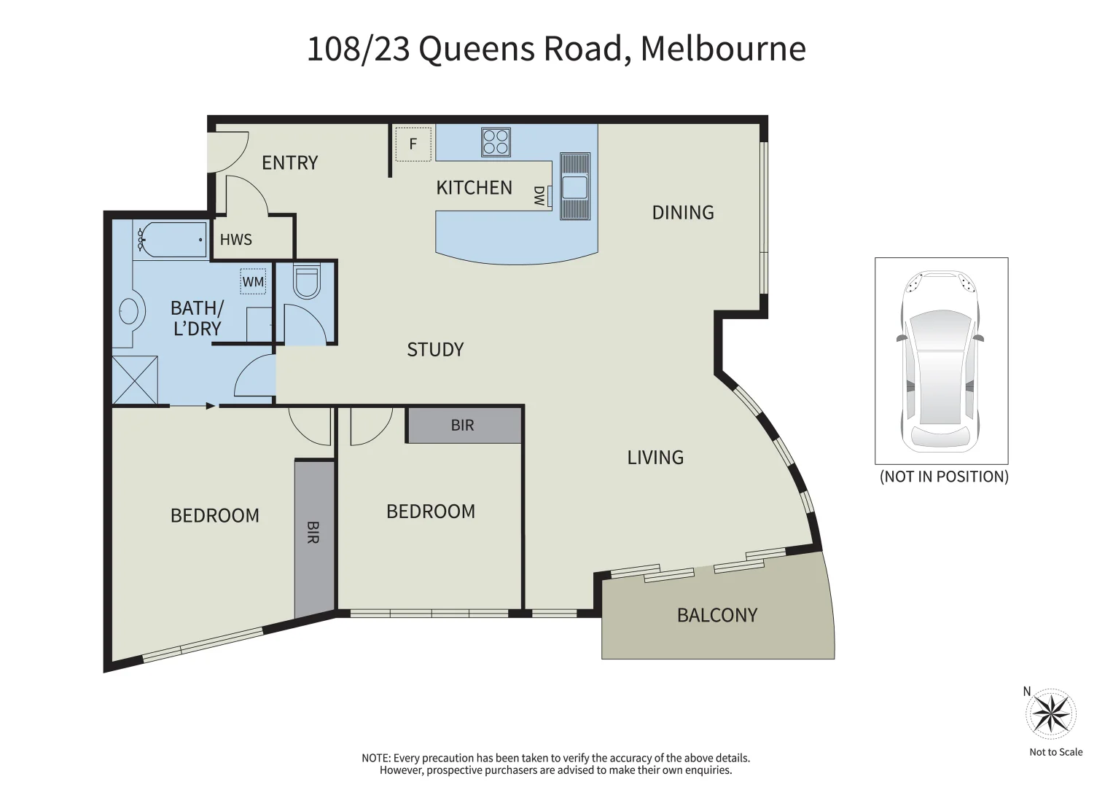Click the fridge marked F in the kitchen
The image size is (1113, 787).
click(413, 144)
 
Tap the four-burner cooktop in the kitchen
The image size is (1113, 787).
click(496, 142)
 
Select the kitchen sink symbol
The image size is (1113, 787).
click(574, 187)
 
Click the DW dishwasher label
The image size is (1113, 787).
click(539, 195)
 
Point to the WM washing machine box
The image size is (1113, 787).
click(253, 282)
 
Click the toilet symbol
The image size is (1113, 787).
click(306, 282)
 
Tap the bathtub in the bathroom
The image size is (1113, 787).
click(171, 239)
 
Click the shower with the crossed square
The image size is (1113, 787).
click(135, 380)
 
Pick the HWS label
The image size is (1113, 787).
click(236, 240)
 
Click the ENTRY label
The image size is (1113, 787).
click(290, 163)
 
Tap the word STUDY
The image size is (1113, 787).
click(435, 350)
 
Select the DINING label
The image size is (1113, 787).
click(683, 213)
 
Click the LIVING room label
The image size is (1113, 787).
click(655, 458)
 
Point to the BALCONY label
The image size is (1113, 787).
click(717, 616)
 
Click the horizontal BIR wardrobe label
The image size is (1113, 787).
click(463, 426)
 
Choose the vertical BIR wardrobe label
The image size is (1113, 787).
click(313, 532)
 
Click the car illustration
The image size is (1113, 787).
click(940, 361)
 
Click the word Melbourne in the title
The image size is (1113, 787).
click(723, 49)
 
